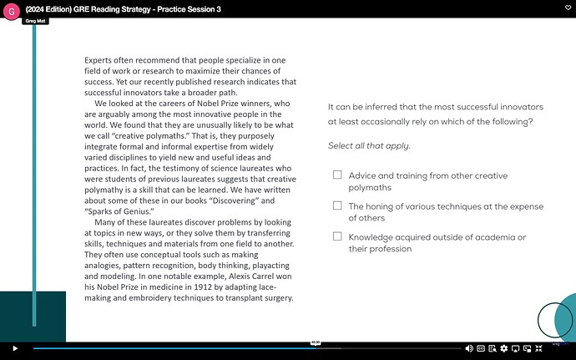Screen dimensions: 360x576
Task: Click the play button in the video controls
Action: (x=14, y=347)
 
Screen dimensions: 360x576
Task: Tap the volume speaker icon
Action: (x=469, y=347)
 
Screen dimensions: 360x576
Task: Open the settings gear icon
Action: (x=503, y=347)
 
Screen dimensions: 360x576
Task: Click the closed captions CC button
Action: (x=481, y=347)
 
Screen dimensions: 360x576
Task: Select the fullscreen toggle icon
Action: (x=539, y=347)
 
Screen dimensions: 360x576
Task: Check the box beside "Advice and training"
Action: (x=337, y=175)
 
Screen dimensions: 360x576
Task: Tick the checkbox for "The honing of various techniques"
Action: (x=337, y=205)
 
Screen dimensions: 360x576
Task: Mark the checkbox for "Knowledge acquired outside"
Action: (x=337, y=236)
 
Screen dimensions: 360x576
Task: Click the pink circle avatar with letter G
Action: (x=12, y=11)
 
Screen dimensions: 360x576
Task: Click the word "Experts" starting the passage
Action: (x=100, y=60)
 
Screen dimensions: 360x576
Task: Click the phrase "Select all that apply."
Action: (x=369, y=146)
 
